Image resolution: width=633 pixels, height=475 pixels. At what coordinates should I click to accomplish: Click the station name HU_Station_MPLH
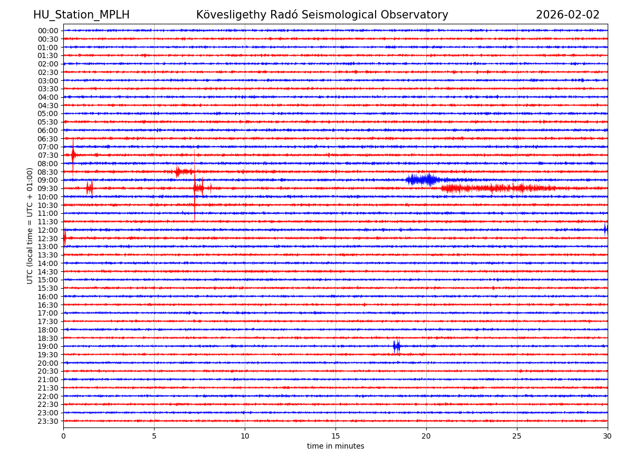81,15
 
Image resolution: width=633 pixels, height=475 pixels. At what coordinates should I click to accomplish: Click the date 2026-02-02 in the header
568,15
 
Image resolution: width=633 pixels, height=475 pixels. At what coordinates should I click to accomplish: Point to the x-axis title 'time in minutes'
335,446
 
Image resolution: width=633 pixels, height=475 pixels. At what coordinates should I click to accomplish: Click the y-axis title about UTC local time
30,225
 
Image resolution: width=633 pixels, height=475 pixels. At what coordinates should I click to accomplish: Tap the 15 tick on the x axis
335,436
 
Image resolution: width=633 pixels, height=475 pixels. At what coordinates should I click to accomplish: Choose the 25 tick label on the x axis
517,436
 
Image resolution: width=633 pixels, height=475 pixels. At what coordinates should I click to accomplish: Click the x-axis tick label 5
154,436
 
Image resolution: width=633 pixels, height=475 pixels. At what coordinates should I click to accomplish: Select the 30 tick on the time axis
608,436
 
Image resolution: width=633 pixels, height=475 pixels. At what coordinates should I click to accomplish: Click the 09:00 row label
48,180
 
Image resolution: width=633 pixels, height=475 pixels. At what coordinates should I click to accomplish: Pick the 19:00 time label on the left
48,346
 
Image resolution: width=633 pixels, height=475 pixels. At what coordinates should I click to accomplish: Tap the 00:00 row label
48,31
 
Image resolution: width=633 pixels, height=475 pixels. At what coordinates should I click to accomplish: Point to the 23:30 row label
48,421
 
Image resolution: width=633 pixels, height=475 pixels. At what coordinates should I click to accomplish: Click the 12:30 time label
48,239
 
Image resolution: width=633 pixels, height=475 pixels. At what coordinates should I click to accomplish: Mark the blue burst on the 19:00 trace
397,346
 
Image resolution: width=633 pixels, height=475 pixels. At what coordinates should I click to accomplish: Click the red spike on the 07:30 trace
73,155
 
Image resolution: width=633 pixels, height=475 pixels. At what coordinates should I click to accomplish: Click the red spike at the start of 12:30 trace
65,238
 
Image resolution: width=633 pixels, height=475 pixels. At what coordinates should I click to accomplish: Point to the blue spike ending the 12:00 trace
606,229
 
